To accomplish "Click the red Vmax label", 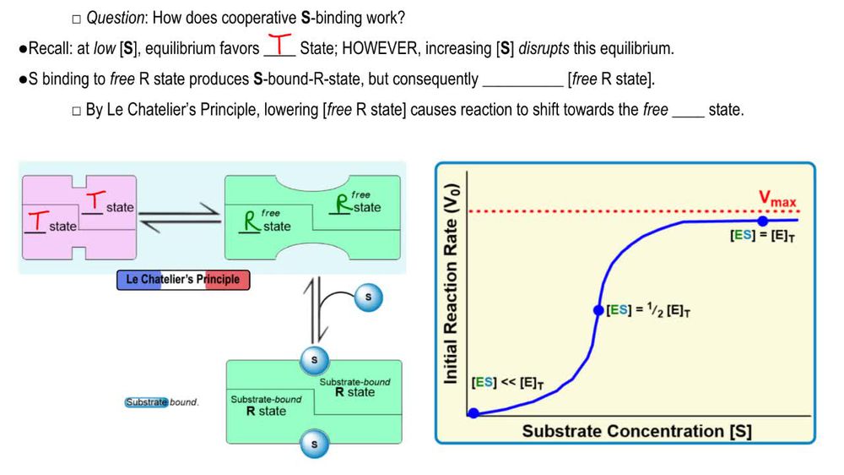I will [x=776, y=199].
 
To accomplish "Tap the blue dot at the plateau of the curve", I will [x=763, y=221].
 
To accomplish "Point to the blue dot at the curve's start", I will [x=474, y=413].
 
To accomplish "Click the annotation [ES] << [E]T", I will [x=508, y=383].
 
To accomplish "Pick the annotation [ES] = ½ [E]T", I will [x=649, y=310].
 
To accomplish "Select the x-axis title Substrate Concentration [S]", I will [x=636, y=431].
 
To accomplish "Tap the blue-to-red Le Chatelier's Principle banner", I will [x=183, y=280].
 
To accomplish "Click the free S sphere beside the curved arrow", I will [x=367, y=297].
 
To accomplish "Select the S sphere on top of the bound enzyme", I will [x=315, y=361].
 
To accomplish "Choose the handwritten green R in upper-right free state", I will [x=343, y=205].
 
